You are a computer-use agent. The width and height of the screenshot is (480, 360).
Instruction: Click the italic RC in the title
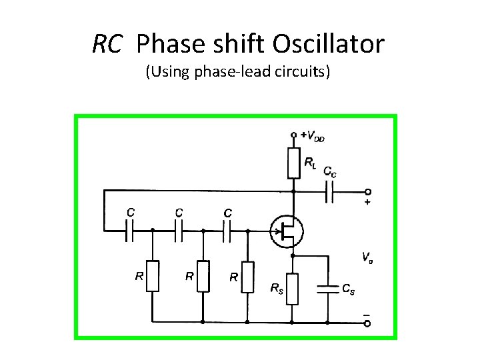click(x=107, y=44)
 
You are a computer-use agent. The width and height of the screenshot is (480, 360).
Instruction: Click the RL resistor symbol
click(x=293, y=163)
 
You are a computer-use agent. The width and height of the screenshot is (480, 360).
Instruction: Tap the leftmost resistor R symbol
click(x=153, y=276)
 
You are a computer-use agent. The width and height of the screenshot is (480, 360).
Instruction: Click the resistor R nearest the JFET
click(x=247, y=276)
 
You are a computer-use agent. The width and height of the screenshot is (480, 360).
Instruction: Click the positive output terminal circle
click(x=367, y=191)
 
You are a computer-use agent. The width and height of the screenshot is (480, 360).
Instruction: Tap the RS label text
click(x=275, y=288)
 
